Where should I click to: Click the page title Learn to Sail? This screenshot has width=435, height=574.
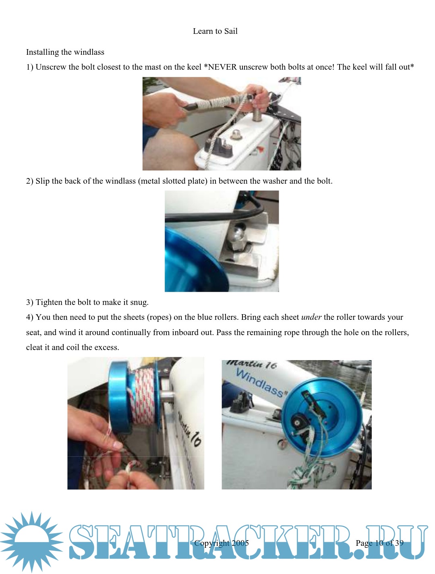(x=215, y=31)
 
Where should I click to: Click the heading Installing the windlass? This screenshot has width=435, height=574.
(x=65, y=52)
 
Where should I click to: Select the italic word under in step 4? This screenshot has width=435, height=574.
(x=311, y=317)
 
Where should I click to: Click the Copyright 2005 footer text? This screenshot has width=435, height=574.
(x=222, y=543)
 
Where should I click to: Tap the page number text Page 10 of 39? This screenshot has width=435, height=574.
(x=379, y=543)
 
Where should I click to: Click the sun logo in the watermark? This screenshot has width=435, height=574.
(x=31, y=542)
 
